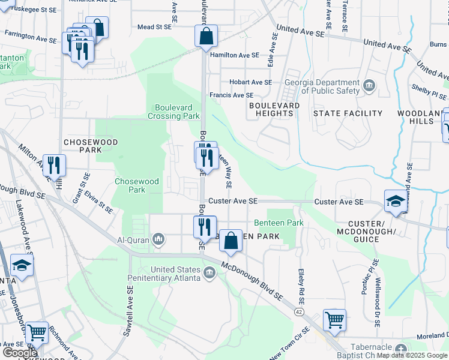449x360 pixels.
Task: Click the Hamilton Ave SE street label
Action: tap(235, 55)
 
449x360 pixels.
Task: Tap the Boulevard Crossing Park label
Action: tap(173, 112)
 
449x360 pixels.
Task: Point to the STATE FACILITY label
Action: tap(348, 113)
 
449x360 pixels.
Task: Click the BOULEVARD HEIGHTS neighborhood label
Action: tap(274, 109)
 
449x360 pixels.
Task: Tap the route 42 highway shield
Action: tap(298, 312)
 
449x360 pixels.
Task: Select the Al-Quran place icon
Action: tap(158, 240)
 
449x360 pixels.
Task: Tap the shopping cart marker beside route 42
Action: tap(334, 319)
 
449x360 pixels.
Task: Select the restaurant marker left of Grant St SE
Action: tap(55, 165)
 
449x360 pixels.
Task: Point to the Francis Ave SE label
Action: tap(231, 95)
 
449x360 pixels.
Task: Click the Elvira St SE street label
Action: tap(100, 201)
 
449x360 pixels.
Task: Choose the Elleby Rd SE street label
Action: tap(301, 284)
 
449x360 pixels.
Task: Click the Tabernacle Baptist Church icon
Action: tap(401, 349)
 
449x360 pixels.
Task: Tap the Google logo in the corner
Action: tap(20, 353)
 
